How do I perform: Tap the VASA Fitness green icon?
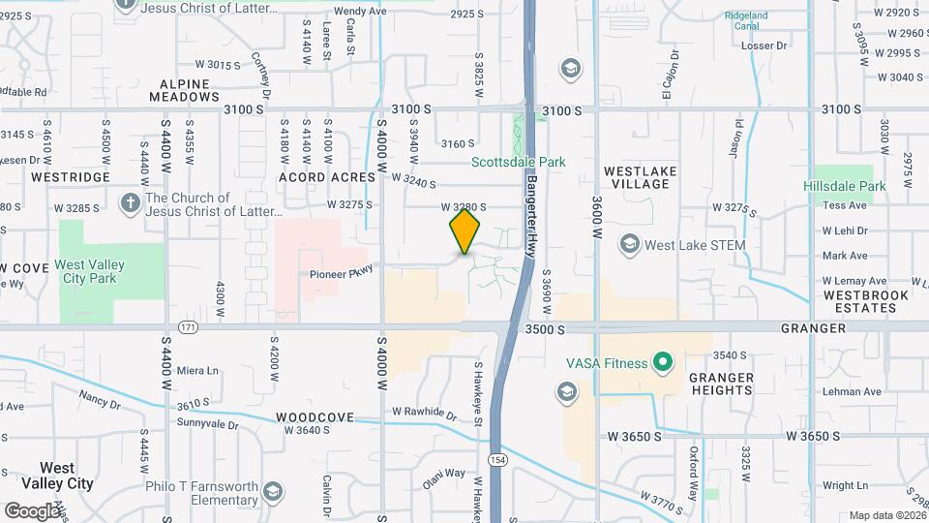(x=662, y=363)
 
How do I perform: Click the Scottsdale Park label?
(x=518, y=163)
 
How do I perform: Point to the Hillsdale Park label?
(x=844, y=186)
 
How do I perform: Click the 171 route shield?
(x=188, y=328)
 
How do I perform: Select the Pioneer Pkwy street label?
(x=341, y=274)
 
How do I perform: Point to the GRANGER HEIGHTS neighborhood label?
(x=722, y=384)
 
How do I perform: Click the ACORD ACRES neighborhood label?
(x=326, y=177)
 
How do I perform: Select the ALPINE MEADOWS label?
(x=185, y=90)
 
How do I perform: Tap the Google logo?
(x=32, y=510)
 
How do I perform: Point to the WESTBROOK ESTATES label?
(x=866, y=301)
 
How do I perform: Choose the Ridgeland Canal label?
(x=746, y=21)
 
